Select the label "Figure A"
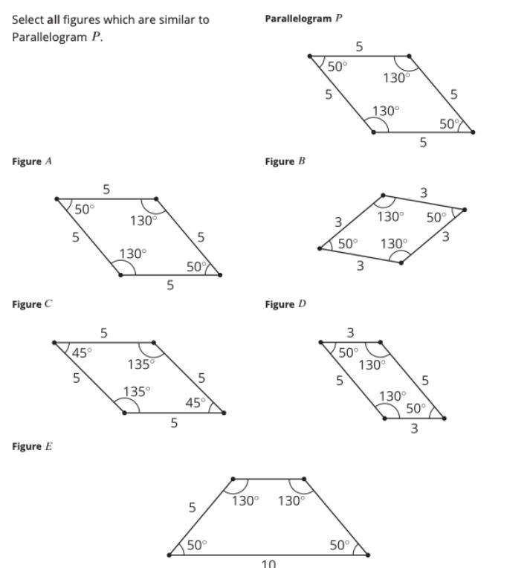point(31,161)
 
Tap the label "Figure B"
point(285,161)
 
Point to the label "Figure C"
point(31,304)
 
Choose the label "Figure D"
point(285,304)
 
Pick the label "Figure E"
point(31,447)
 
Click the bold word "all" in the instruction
point(54,19)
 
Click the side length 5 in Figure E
point(192,508)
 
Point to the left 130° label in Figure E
point(245,500)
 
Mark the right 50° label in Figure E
point(339,545)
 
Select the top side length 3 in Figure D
point(350,332)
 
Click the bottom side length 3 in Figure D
point(414,429)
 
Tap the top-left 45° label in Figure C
point(81,353)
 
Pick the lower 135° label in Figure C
point(138,391)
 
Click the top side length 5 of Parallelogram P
point(359,47)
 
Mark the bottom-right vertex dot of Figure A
point(221,275)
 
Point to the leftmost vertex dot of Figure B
point(320,248)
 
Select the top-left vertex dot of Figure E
point(233,480)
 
